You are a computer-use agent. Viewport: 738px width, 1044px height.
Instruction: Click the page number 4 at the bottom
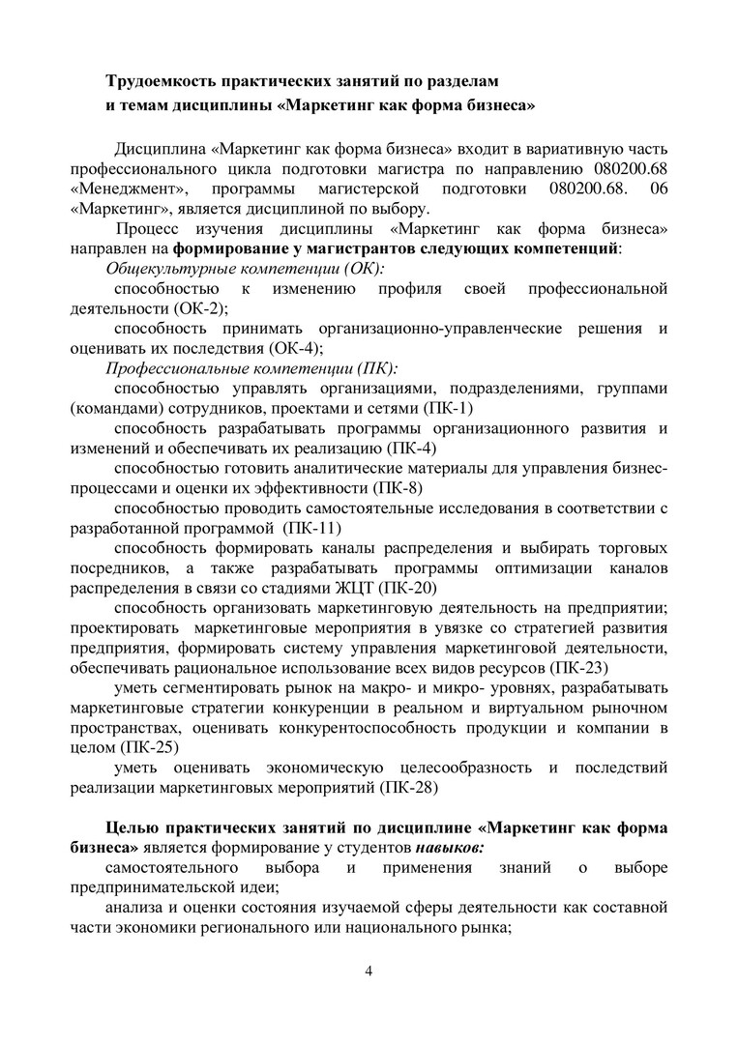[368, 971]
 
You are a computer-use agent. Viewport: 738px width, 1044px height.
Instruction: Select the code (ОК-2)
[200, 308]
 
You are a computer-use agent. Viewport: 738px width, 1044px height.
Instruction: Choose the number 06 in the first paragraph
[659, 188]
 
